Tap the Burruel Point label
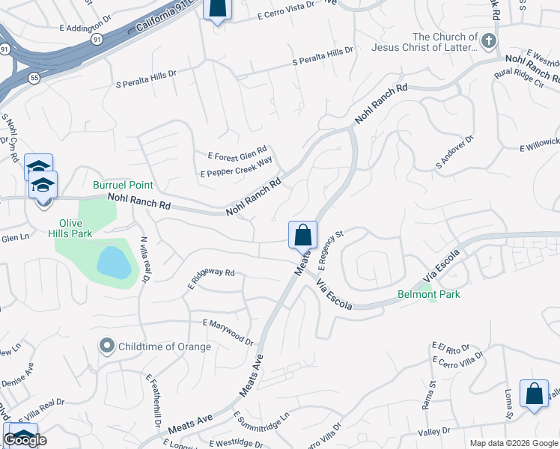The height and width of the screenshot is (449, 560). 123,185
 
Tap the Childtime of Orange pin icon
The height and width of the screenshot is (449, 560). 107,346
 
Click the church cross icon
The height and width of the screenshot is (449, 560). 489,40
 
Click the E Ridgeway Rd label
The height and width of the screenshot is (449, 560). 212,278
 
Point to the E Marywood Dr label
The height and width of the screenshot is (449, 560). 228,331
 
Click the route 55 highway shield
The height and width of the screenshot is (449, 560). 34,77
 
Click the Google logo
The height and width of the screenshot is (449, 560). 25,440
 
